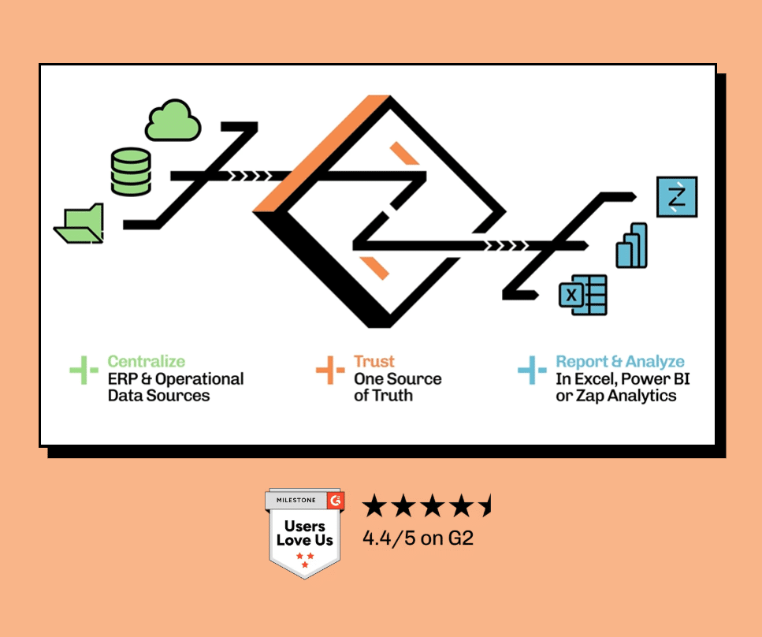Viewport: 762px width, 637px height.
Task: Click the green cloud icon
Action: (x=173, y=121)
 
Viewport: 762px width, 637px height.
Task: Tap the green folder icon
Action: (x=80, y=224)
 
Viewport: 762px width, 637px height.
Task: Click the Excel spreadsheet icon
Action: (x=582, y=295)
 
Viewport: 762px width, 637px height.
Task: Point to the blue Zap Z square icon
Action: (x=677, y=197)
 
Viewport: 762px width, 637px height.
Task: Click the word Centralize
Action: (x=147, y=362)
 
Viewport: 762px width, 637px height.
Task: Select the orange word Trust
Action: (x=374, y=362)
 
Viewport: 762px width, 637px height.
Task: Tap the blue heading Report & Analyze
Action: (x=620, y=362)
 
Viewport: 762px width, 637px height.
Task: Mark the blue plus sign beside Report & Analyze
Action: (x=532, y=371)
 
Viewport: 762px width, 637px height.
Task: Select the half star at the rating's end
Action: (x=485, y=506)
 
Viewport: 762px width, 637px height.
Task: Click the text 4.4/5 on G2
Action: (x=418, y=539)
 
